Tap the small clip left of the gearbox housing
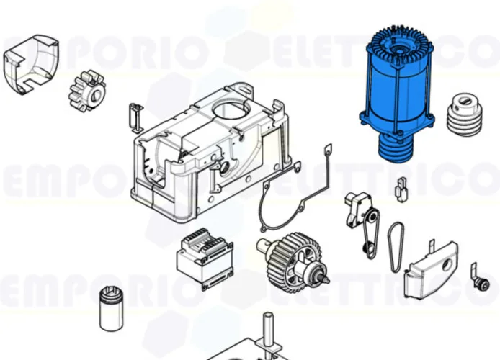tap(133, 115)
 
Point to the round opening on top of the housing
tap(231, 112)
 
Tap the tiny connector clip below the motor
tap(401, 189)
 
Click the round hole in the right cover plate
tap(446, 265)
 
